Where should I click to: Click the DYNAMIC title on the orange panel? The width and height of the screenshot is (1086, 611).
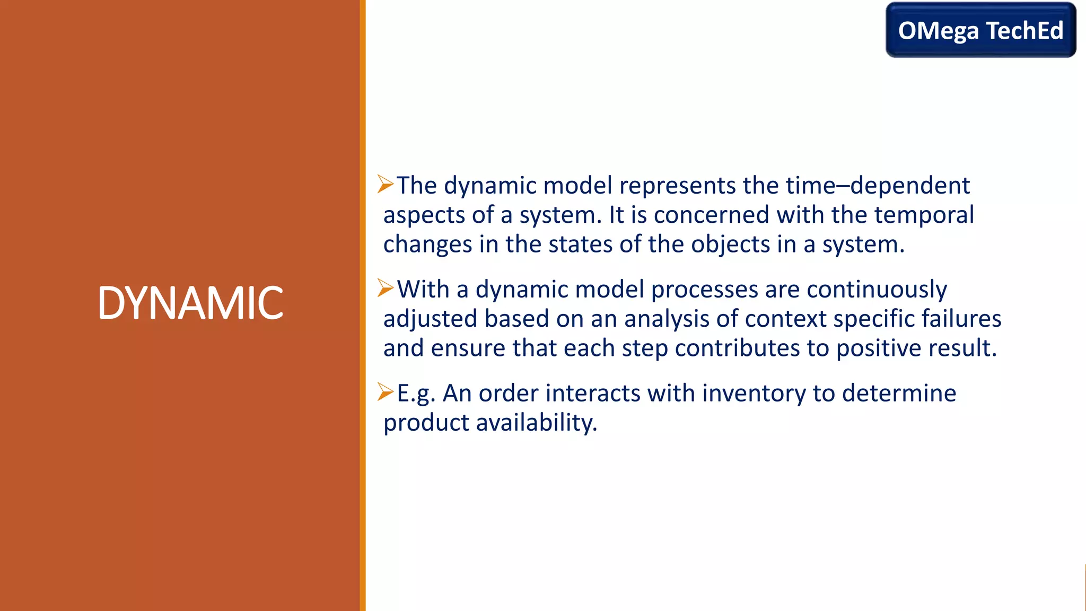pos(190,303)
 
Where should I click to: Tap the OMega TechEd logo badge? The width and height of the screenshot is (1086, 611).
pos(980,30)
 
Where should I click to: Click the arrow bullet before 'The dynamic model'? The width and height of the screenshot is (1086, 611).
pos(386,184)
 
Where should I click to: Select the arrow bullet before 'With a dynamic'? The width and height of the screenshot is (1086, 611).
pos(386,288)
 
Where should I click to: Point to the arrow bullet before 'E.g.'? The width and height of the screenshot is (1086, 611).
pos(386,392)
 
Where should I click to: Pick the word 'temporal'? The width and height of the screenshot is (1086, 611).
pos(924,215)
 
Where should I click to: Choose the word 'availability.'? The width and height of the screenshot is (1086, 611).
pos(536,423)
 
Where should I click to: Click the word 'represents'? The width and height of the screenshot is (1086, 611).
pos(677,185)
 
